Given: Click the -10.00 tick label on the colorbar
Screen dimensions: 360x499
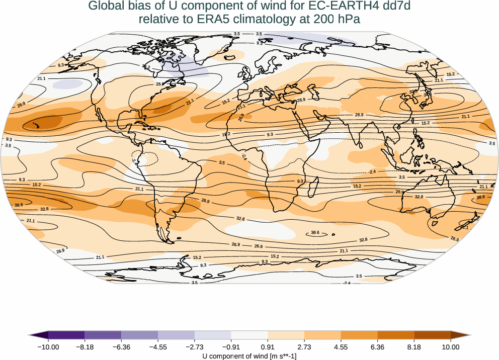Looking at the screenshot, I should click(x=48, y=346).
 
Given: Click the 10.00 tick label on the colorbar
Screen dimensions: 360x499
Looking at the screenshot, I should click(x=451, y=346).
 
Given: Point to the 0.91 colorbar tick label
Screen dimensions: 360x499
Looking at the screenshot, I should click(x=268, y=346).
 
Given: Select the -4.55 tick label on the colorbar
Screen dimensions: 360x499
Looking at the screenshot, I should click(x=158, y=346).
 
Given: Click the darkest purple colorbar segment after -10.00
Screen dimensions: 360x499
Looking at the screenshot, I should click(x=66, y=335).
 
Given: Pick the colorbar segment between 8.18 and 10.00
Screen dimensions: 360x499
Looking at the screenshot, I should click(x=432, y=335).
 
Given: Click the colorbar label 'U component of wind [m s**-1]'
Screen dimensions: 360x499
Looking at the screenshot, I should click(x=249, y=356).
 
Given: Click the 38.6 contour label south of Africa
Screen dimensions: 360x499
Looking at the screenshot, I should click(x=315, y=233).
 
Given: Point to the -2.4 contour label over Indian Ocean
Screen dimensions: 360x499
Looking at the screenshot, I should click(x=372, y=172).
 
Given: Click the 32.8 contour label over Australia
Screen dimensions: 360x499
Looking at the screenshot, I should click(x=419, y=197).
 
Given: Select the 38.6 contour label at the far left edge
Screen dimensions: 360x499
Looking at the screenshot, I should click(x=19, y=205).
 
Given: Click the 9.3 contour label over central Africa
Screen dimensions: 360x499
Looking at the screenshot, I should click(x=270, y=135).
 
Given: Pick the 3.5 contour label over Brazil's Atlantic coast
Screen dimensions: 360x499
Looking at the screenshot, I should click(x=222, y=162).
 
